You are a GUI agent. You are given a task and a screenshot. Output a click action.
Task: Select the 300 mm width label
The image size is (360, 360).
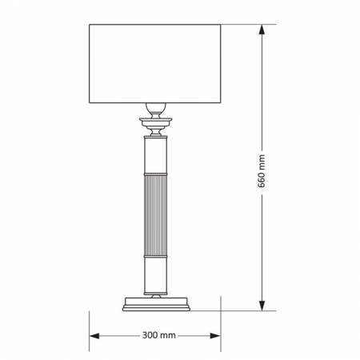[x=156, y=336]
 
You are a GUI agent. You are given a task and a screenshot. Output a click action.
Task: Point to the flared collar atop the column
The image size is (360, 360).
[x=155, y=122]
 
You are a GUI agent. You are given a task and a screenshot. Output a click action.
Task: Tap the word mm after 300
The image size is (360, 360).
[x=166, y=336]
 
